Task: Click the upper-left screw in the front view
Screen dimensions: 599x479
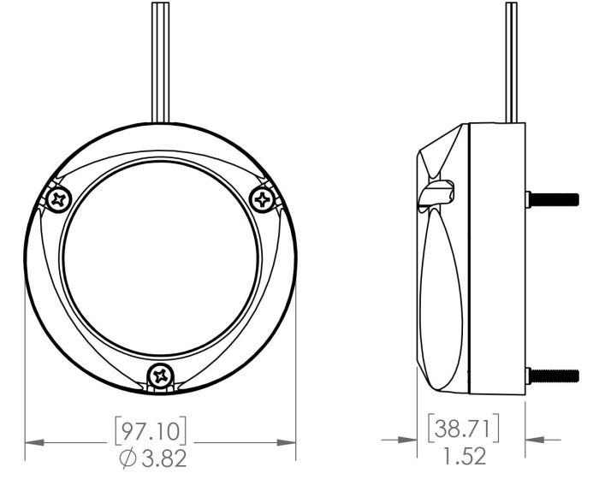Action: [x=59, y=199]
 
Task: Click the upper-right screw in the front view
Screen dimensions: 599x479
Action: [x=263, y=199]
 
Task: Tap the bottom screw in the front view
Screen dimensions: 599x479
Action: [x=160, y=376]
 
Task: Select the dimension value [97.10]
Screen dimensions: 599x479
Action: [x=151, y=431]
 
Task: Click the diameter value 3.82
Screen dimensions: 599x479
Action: [x=164, y=458]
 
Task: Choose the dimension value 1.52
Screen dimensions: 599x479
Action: [x=465, y=456]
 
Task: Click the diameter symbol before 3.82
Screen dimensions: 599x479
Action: [x=128, y=458]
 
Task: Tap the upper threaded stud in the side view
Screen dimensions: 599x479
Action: [x=553, y=199]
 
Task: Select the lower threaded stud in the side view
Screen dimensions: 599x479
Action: [x=553, y=376]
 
